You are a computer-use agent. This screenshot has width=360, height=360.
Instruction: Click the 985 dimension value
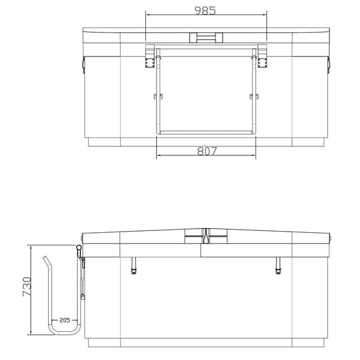click(x=205, y=11)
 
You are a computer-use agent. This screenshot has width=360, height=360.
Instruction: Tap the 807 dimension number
click(x=207, y=151)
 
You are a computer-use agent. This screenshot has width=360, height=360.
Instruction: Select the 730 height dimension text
click(x=27, y=287)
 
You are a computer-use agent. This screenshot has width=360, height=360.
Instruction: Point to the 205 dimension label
click(x=65, y=320)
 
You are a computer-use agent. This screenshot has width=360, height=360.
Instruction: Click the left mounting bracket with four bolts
click(x=149, y=56)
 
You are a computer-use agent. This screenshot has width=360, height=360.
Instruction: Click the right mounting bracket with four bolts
click(x=262, y=56)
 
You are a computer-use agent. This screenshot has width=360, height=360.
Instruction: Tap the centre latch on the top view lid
click(x=206, y=38)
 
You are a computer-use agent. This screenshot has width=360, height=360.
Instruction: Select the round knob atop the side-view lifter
click(x=79, y=247)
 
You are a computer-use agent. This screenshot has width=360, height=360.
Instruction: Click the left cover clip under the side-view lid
click(x=133, y=265)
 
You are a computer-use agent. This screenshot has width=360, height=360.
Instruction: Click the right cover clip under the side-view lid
click(x=278, y=265)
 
